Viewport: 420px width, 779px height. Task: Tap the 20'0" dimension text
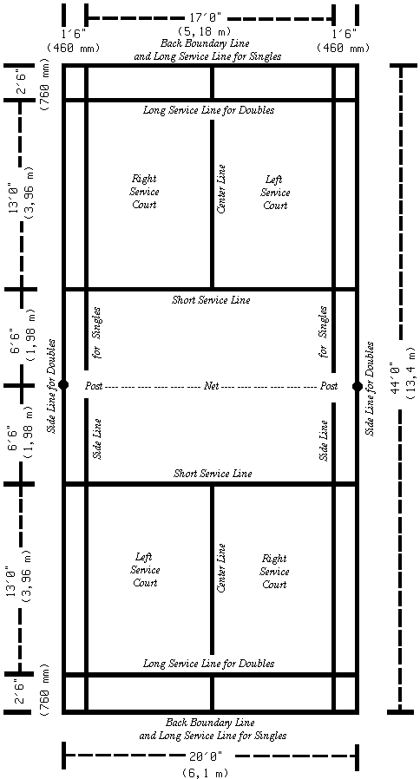pos(209,756)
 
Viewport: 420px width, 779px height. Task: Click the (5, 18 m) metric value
pos(207,33)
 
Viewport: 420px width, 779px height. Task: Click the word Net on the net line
pos(210,385)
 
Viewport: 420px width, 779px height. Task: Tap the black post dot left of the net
pos(63,385)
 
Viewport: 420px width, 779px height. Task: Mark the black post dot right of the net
pos(357,386)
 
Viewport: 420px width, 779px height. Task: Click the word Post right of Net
pos(329,386)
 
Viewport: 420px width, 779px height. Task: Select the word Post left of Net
pos(94,385)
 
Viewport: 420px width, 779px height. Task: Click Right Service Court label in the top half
pos(145,191)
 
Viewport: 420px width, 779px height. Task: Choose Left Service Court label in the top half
pos(275,193)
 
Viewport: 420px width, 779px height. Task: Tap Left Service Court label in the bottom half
pos(145,570)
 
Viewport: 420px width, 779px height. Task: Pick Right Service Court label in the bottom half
pos(274,572)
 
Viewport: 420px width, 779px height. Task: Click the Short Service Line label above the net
pos(211,300)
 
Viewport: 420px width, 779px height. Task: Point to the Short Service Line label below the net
pos(213,474)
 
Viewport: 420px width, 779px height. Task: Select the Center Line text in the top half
pos(221,189)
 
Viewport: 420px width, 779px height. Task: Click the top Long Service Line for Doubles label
pos(208,110)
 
